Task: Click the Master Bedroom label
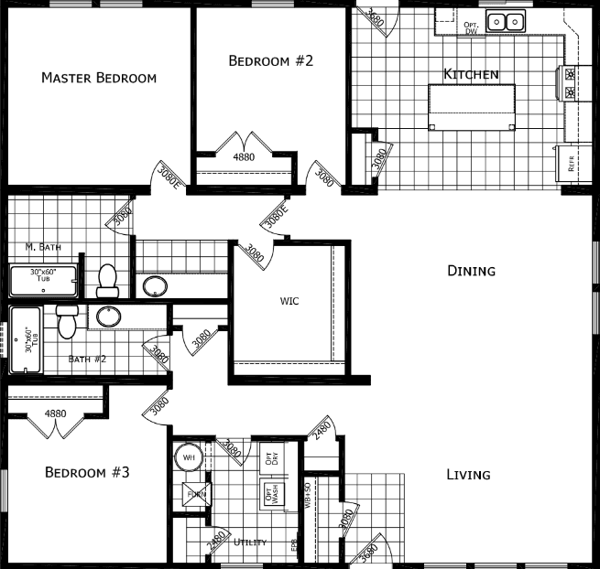point(99,78)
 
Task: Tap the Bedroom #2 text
point(271,61)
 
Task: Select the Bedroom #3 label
point(88,473)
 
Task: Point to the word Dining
point(471,271)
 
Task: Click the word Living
point(468,475)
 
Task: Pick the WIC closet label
point(289,300)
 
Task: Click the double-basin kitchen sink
point(504,21)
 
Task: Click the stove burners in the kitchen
point(570,84)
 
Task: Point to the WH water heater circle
point(189,456)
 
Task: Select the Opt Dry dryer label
point(270,458)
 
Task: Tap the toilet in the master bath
point(108,280)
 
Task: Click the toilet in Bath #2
point(66,320)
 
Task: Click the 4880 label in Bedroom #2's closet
point(244,157)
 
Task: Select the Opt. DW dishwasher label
point(472,27)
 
